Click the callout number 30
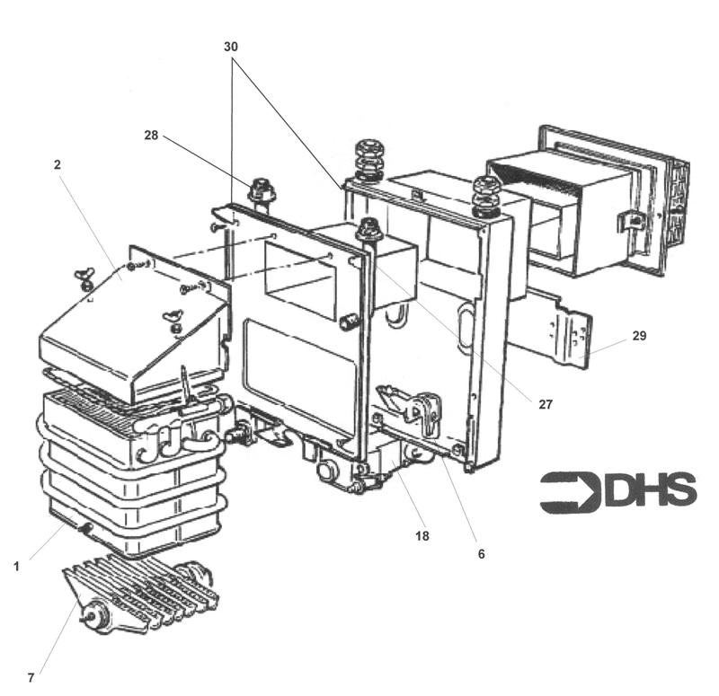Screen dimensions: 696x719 click(232, 46)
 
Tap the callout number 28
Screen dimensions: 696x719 click(151, 135)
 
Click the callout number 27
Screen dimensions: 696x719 click(546, 405)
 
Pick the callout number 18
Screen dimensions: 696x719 click(422, 536)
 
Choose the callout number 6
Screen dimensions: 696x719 click(481, 554)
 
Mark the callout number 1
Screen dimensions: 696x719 click(15, 566)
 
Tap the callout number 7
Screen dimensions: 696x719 click(31, 678)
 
